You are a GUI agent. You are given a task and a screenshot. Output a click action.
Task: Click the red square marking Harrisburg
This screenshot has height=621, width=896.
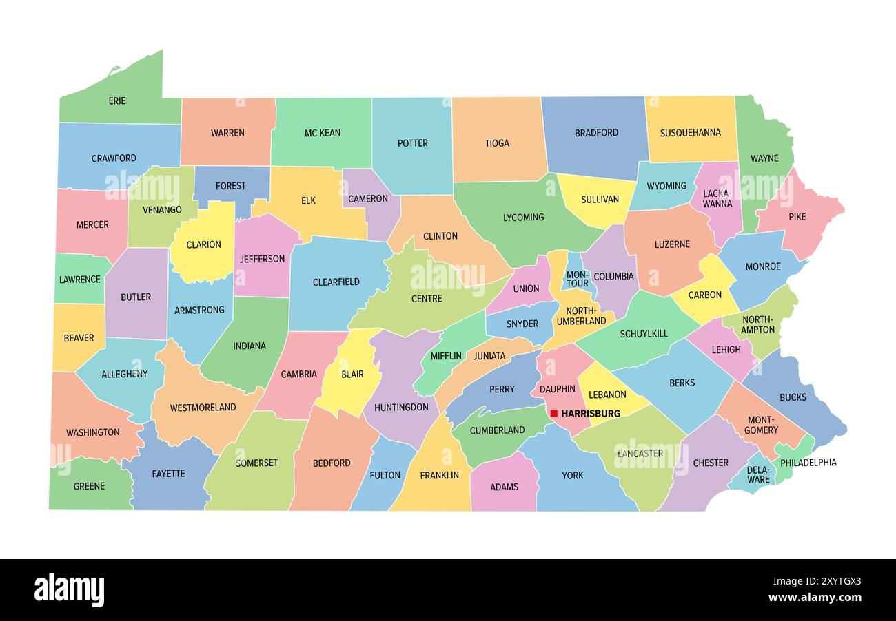click(553, 414)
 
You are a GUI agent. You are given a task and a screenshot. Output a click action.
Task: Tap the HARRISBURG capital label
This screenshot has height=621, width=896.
click(591, 414)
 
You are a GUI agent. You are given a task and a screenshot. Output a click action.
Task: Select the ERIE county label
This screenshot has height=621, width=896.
click(117, 101)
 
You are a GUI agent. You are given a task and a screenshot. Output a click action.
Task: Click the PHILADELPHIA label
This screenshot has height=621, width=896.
click(807, 463)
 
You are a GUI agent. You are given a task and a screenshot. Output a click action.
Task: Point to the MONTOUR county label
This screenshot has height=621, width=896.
click(577, 278)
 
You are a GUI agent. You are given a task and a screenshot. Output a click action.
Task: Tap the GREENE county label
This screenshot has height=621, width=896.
click(89, 486)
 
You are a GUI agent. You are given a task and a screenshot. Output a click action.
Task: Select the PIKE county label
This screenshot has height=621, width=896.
click(797, 217)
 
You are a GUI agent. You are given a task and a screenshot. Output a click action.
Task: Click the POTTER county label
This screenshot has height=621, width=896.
click(412, 143)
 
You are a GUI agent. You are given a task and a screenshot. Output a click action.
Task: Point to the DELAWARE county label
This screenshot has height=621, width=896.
click(758, 474)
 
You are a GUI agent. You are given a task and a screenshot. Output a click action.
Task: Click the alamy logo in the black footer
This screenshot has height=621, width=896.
click(69, 590)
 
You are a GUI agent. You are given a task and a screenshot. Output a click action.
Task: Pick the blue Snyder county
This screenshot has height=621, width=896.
click(522, 324)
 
